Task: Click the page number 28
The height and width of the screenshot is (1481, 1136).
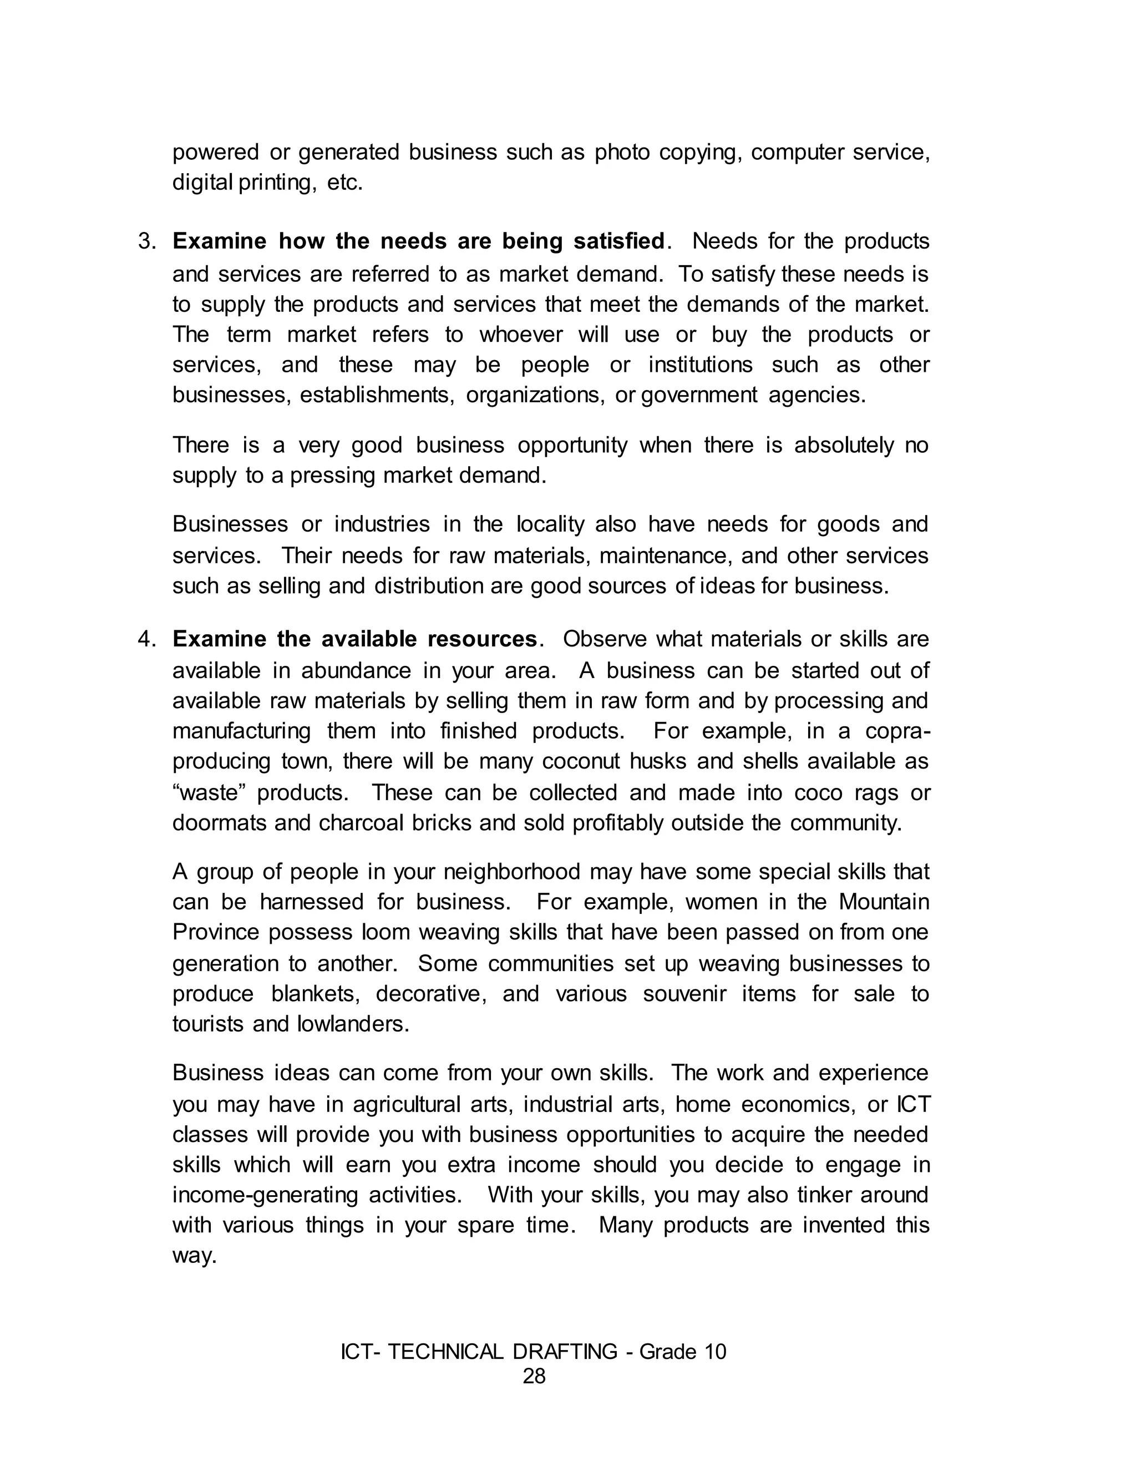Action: (534, 1376)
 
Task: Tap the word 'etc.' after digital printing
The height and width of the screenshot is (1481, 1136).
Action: (345, 183)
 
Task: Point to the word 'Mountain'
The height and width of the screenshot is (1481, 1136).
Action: (884, 902)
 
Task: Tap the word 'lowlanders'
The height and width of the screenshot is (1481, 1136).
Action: (353, 1024)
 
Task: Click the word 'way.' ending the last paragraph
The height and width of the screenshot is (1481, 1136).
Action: (194, 1256)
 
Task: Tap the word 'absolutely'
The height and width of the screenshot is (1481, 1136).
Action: (844, 446)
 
